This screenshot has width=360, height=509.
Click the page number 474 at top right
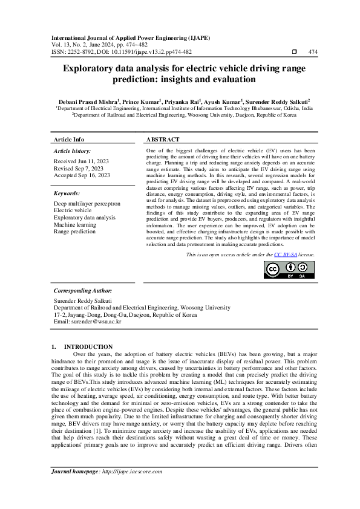pyautogui.click(x=313, y=52)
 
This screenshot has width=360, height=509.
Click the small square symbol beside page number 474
pyautogui.click(x=294, y=52)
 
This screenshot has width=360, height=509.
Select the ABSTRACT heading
pyautogui.click(x=163, y=139)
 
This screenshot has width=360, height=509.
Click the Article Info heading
pyautogui.click(x=69, y=139)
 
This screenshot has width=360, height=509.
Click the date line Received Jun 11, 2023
pyautogui.click(x=82, y=161)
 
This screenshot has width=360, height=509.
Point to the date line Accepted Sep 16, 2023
pyautogui.click(x=82, y=175)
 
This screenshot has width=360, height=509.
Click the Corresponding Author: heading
pyautogui.click(x=82, y=291)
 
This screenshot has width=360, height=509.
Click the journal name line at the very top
pyautogui.click(x=131, y=37)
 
